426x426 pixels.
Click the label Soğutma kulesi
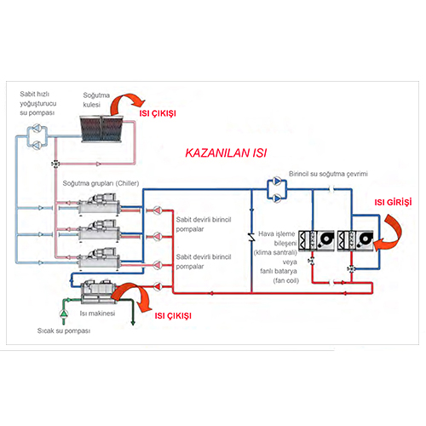98,98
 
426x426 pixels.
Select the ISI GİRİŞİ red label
394,202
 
